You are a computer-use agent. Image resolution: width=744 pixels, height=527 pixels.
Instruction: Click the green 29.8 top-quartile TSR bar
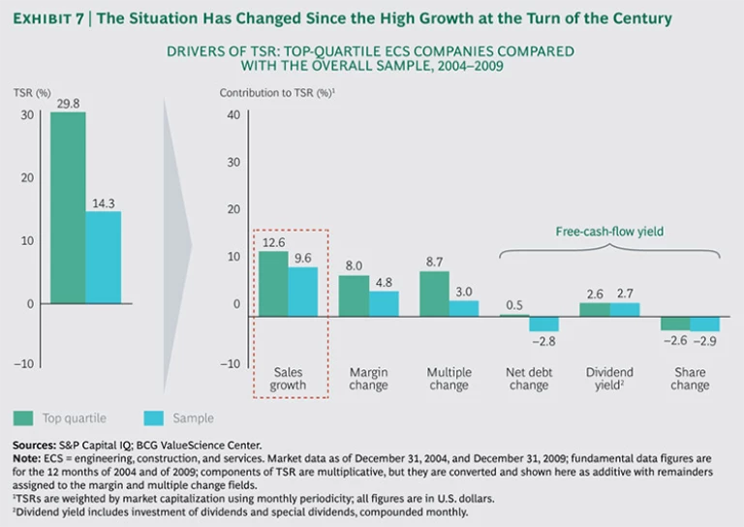point(68,208)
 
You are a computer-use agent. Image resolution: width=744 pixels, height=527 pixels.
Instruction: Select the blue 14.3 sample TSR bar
point(104,257)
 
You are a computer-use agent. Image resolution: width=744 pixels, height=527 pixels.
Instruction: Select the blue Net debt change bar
point(543,325)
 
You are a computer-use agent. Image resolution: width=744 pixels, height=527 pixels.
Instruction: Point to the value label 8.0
point(355,264)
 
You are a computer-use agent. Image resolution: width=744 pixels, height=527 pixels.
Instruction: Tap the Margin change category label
point(369,379)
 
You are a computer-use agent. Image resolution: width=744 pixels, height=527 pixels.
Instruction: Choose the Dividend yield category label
point(610,379)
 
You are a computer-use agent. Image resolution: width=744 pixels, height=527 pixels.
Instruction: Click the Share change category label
point(690,379)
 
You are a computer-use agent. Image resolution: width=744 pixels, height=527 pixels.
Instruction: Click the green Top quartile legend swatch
point(24,418)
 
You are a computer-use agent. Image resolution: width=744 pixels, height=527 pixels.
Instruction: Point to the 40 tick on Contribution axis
point(232,114)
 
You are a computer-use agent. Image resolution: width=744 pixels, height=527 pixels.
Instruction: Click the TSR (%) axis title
point(32,93)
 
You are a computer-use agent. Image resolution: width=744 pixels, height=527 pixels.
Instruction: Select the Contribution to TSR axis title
point(277,93)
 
